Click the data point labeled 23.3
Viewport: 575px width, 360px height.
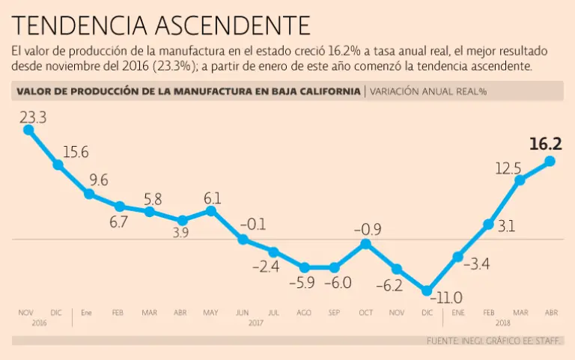click(x=28, y=129)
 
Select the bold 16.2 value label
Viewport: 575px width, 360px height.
click(x=545, y=144)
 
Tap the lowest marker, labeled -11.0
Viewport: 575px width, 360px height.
click(x=427, y=290)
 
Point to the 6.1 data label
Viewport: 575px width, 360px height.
click(x=212, y=198)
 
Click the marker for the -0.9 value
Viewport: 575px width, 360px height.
click(x=365, y=244)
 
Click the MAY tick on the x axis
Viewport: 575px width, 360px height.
click(x=211, y=311)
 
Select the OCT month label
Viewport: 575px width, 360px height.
click(x=365, y=311)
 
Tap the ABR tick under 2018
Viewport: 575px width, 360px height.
click(x=550, y=311)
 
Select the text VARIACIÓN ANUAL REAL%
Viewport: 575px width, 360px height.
click(x=429, y=92)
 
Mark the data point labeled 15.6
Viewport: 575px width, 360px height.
click(x=58, y=165)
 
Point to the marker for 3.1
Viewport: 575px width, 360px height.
click(x=488, y=224)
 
